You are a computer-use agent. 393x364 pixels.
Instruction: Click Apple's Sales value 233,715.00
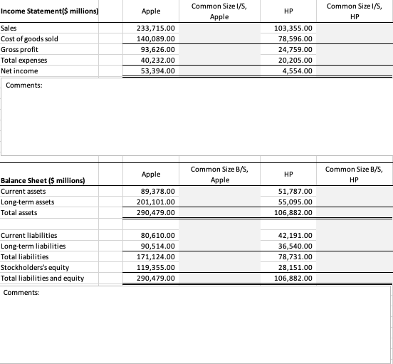(155, 28)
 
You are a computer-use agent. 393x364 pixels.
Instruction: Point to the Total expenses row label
(23, 61)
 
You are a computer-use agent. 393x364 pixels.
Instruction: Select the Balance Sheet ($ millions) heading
(44, 181)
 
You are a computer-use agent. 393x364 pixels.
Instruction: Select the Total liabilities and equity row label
(43, 278)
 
